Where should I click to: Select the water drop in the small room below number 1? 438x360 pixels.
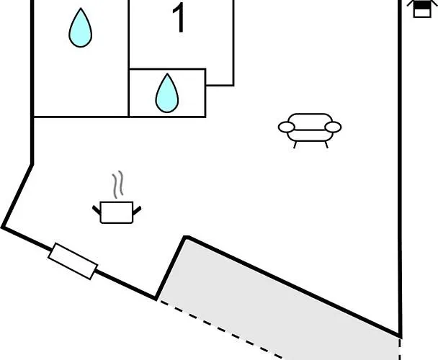pos(166,94)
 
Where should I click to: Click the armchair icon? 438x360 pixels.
pos(310,128)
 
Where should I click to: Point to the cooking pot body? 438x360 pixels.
pos(117,212)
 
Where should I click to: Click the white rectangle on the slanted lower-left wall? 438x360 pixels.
pos(73,261)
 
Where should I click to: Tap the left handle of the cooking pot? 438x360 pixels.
pos(97,210)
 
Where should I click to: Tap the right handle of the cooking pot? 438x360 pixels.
pos(137,210)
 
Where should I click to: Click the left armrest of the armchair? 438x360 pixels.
pos(287,128)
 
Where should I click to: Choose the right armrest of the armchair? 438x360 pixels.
pos(333,127)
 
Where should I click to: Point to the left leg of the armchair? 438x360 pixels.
pos(295,144)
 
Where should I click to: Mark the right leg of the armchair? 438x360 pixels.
pos(326,144)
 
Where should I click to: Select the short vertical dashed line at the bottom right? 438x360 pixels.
pos(400,348)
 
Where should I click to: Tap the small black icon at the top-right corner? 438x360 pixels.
pos(421,9)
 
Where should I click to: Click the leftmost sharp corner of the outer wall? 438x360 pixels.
pos(3,228)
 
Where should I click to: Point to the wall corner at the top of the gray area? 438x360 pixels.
pos(186,237)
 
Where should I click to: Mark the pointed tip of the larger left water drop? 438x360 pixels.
pos(80,10)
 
